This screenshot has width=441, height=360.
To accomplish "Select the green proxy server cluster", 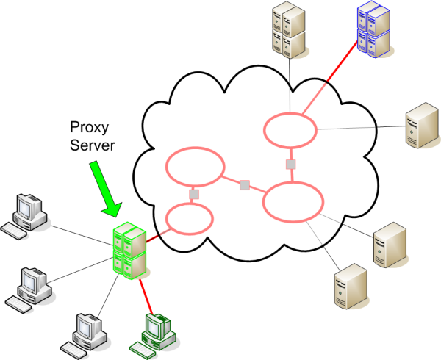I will click(129, 253).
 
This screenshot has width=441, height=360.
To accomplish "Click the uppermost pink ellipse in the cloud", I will click(290, 130).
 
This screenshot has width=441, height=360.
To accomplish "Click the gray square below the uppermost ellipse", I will click(291, 164).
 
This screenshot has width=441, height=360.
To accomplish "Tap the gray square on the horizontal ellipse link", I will click(245, 184).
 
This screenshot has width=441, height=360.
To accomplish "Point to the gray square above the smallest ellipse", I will click(194, 194).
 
